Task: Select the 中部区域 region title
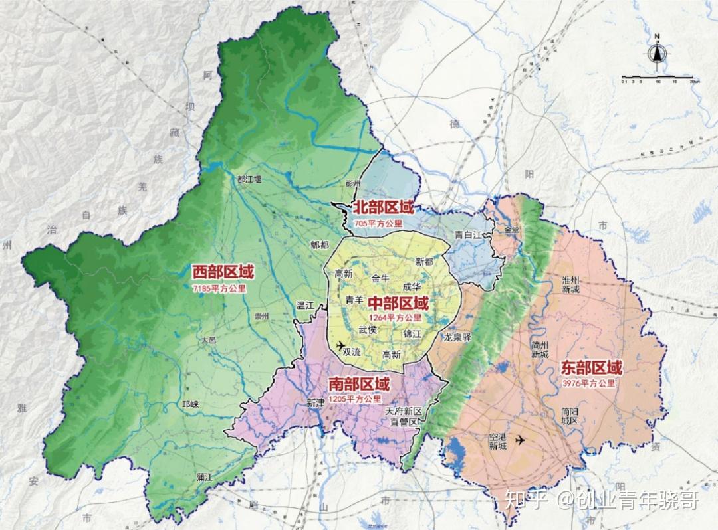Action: (399, 304)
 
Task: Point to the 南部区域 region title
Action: (359, 384)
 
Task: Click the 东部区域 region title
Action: (592, 367)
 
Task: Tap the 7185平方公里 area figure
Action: (219, 289)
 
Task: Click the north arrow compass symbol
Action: (657, 53)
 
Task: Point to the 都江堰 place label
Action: (249, 179)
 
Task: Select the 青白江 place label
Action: (468, 235)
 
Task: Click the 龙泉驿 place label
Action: (457, 337)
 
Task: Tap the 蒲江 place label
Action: (204, 476)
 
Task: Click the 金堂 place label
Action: (513, 230)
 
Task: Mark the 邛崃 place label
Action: (190, 404)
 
